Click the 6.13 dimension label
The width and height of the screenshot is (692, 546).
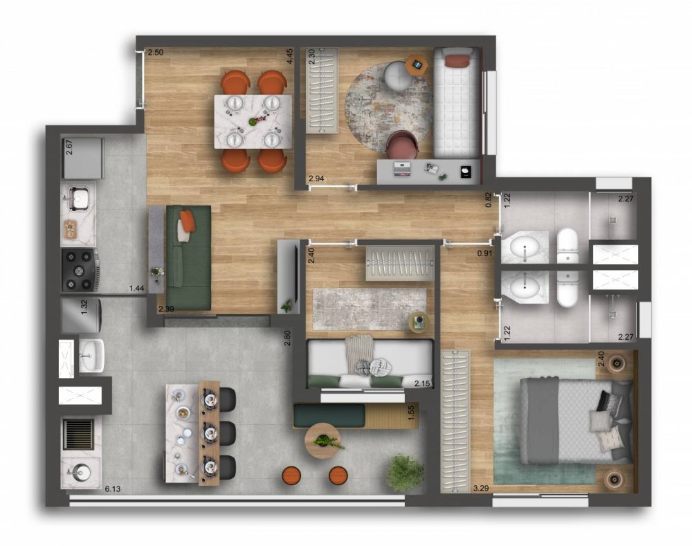click(x=113, y=489)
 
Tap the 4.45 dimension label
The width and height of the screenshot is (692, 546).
click(x=289, y=57)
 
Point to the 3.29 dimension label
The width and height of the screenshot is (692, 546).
click(x=481, y=488)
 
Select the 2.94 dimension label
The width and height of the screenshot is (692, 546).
click(x=316, y=179)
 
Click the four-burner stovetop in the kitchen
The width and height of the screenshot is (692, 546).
click(x=80, y=270)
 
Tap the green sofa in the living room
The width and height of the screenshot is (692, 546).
click(x=188, y=257)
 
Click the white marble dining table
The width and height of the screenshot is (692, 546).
click(x=253, y=121)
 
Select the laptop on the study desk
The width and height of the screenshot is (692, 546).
click(x=402, y=170)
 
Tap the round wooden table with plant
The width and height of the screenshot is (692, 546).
click(x=323, y=441)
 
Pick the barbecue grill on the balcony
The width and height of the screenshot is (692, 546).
click(x=79, y=434)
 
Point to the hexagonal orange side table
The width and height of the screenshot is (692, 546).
click(x=417, y=64)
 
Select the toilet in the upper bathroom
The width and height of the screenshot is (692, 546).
click(x=568, y=246)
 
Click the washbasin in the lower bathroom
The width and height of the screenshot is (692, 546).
click(x=525, y=287)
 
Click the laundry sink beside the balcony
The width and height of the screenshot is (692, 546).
click(x=91, y=355)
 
